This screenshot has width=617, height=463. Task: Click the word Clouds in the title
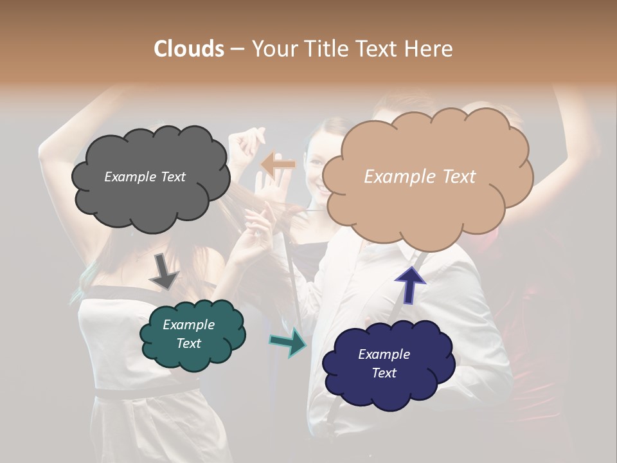click(189, 49)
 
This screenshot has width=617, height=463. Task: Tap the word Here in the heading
click(429, 49)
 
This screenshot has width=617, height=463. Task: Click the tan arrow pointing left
click(278, 165)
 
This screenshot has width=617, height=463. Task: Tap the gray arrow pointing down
click(163, 272)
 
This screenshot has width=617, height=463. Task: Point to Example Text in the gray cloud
click(145, 177)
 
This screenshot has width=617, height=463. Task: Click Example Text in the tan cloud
click(420, 177)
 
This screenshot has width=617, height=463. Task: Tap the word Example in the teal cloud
click(188, 325)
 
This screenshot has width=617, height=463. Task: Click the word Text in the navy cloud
click(384, 373)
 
